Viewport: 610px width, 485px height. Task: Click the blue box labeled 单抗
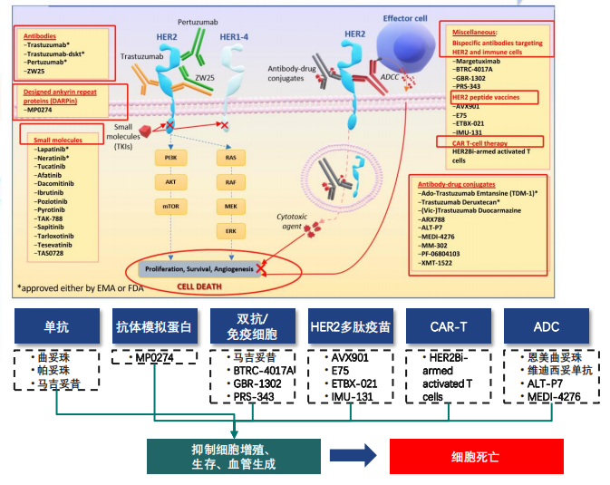(x=56, y=327)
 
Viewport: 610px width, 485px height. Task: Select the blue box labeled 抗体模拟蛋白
(x=153, y=327)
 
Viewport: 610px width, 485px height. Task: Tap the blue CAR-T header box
(x=448, y=327)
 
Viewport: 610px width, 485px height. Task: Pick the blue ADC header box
(x=547, y=327)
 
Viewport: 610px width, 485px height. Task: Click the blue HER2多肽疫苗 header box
(x=350, y=327)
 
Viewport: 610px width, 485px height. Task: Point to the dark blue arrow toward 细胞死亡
(x=353, y=456)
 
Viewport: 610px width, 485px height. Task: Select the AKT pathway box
(x=169, y=181)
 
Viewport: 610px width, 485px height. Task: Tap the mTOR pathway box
(x=169, y=206)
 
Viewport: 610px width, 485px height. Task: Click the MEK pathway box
(x=230, y=206)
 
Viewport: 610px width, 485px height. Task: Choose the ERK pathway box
(x=230, y=229)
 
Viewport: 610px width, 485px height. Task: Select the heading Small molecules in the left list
(x=60, y=141)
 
